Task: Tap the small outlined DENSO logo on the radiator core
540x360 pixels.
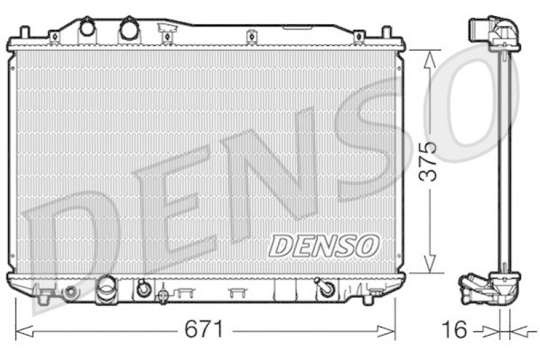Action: [324, 246]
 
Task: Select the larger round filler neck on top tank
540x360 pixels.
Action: [128, 29]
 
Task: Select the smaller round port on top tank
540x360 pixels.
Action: [88, 28]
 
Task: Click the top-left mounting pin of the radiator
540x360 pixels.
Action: [24, 32]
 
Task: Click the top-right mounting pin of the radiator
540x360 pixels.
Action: [387, 32]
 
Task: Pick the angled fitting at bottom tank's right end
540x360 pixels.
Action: [326, 288]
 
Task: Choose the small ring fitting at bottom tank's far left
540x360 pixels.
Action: [70, 292]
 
